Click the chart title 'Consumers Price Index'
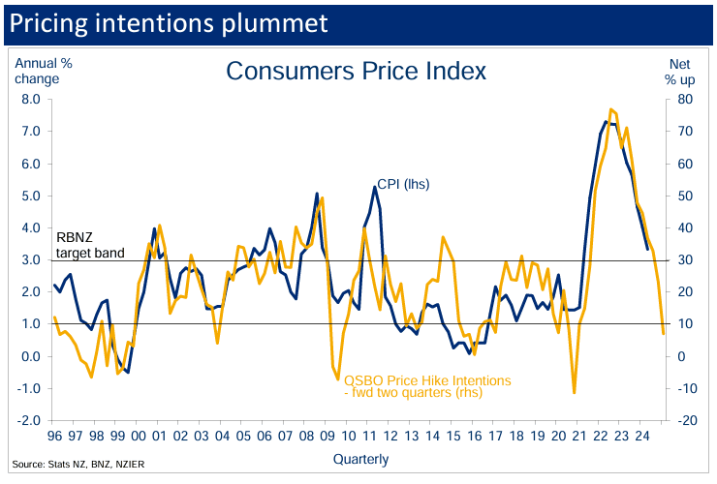point(356,71)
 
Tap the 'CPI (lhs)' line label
point(400,184)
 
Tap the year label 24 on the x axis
point(642,437)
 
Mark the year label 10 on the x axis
point(348,437)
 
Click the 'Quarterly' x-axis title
point(360,458)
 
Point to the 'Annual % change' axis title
point(43,71)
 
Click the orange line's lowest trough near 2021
point(575,392)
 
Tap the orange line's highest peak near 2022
point(610,109)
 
